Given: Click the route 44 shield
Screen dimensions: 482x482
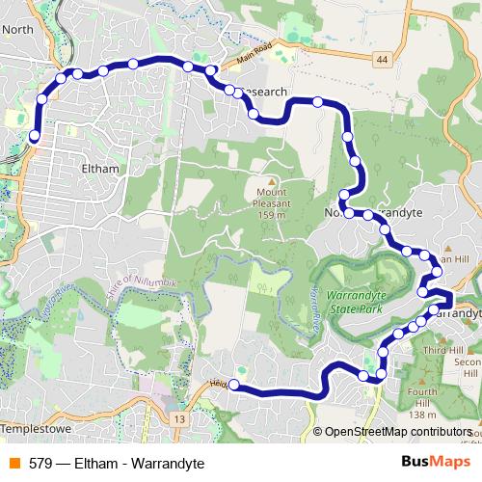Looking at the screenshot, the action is (x=383, y=60).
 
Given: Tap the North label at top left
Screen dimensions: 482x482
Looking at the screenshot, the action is (x=18, y=29).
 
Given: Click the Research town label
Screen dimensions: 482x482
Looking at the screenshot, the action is (x=265, y=92).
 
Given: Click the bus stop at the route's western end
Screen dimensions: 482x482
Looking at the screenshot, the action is (x=34, y=137).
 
